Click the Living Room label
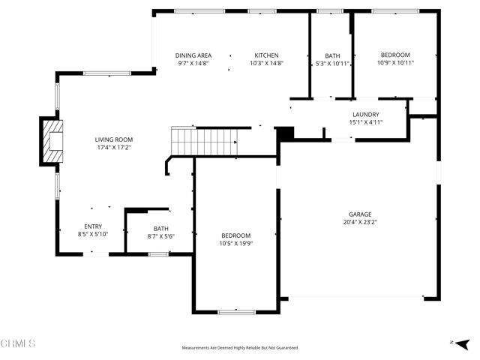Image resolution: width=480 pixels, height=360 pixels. tap(113, 139)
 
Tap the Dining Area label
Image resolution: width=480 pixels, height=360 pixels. tap(193, 55)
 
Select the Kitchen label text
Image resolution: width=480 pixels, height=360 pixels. tap(266, 55)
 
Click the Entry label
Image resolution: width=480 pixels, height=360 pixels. tap(93, 226)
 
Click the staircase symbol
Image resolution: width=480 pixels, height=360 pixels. tap(205, 140)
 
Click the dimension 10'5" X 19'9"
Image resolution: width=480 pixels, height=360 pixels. tap(235, 244)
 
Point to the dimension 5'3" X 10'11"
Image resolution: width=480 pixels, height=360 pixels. tap(331, 64)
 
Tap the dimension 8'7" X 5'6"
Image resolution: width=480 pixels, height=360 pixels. tap(161, 236)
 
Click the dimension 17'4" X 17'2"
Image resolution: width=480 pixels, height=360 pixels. tap(113, 148)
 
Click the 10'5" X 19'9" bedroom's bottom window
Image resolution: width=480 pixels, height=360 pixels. tap(237, 311)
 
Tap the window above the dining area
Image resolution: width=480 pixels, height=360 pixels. tap(199, 10)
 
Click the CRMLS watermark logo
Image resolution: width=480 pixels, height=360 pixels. tap(18, 343)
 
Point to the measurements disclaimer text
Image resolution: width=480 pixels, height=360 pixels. tap(240, 348)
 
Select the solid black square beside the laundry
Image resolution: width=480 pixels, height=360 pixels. tap(286, 133)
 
